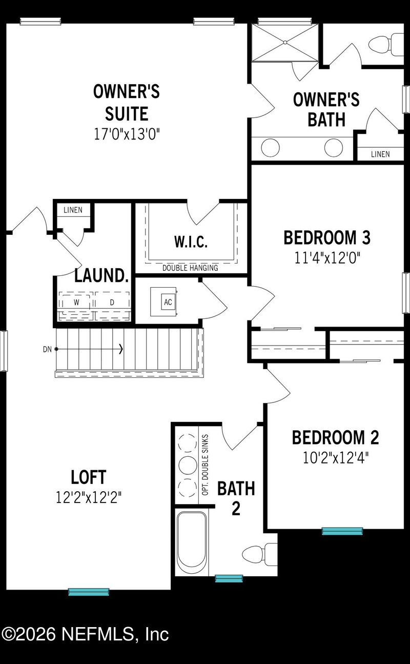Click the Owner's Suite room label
click(127, 102)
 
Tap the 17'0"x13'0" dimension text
click(127, 134)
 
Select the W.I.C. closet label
click(191, 242)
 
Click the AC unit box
click(168, 302)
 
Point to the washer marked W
click(76, 303)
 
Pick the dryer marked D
click(112, 303)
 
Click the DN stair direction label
click(48, 349)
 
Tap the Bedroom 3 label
click(327, 238)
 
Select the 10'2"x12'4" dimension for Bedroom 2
click(336, 457)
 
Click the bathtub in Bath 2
click(192, 542)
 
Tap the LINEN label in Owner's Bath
click(380, 154)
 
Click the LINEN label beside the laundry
click(73, 210)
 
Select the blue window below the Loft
click(89, 592)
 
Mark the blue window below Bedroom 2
click(342, 531)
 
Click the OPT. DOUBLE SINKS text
click(205, 464)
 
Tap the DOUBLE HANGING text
click(190, 268)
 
